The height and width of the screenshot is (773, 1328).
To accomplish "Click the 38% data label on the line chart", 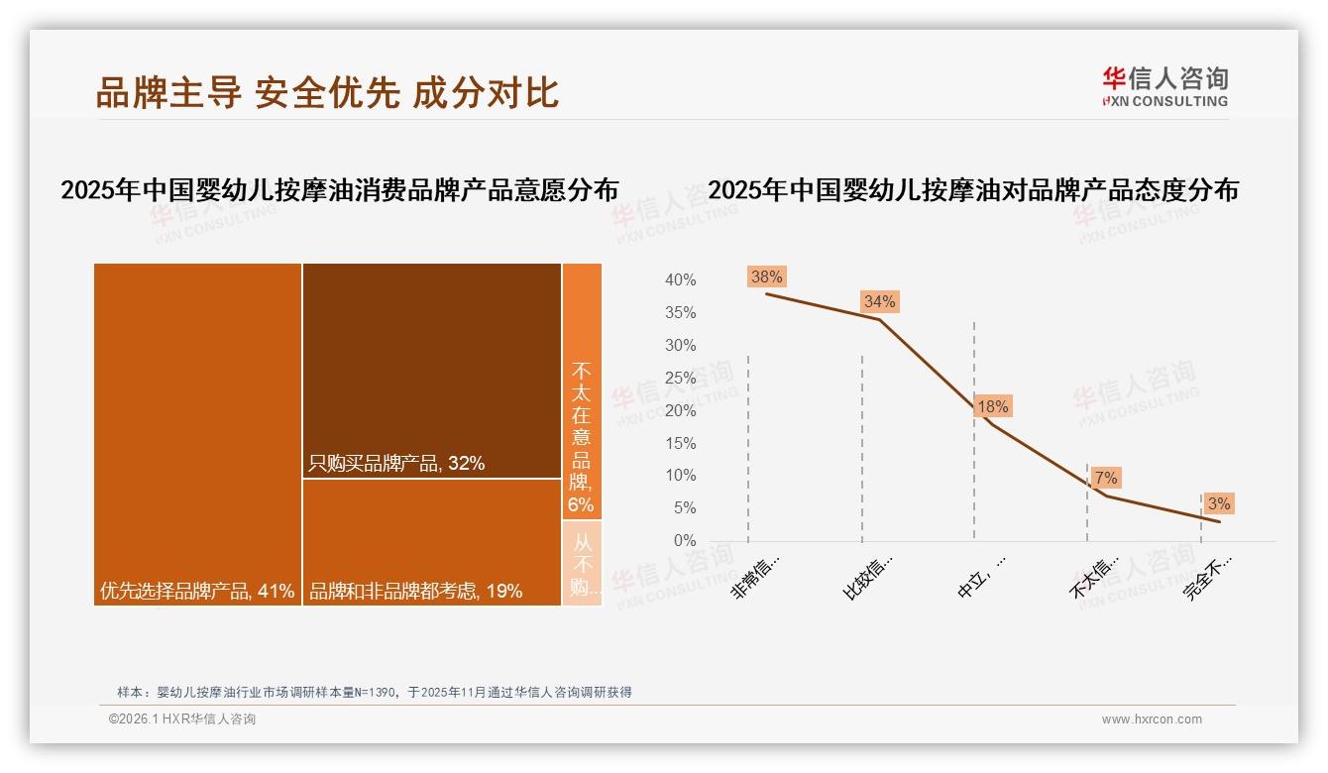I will point(766,277).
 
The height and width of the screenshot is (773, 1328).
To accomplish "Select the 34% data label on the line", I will point(879,301).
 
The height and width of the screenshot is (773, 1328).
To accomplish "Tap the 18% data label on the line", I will point(992,406).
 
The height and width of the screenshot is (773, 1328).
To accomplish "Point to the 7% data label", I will point(1105,479).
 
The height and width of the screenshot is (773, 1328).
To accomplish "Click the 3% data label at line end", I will point(1218,503).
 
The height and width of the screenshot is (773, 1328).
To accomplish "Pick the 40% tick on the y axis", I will point(680,280).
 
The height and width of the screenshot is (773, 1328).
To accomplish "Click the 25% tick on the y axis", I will point(680,378).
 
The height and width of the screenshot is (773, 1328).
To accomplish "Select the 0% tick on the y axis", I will point(684,541).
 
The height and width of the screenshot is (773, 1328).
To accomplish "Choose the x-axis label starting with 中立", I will point(981,577).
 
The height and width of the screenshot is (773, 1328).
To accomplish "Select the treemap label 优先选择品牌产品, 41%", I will point(197,592).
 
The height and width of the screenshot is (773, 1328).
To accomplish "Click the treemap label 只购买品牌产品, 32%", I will point(396,463).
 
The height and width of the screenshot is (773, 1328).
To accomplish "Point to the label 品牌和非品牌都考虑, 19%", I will point(415,592).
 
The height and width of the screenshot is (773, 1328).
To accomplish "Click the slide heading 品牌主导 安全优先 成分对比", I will point(328,93).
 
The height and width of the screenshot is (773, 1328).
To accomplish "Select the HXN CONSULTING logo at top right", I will point(1164,87).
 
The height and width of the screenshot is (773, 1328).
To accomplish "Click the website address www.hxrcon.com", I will point(1151,719).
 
